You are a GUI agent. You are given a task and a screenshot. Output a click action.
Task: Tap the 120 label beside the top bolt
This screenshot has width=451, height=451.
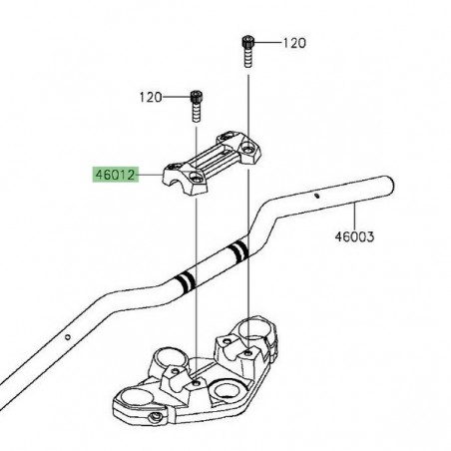click(x=294, y=44)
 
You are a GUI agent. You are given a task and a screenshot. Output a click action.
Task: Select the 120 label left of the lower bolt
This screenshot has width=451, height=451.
click(x=150, y=97)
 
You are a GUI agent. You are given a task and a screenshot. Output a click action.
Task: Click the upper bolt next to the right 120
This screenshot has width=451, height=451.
click(x=247, y=48)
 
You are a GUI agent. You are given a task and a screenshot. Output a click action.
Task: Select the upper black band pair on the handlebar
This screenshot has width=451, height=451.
click(x=238, y=249)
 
